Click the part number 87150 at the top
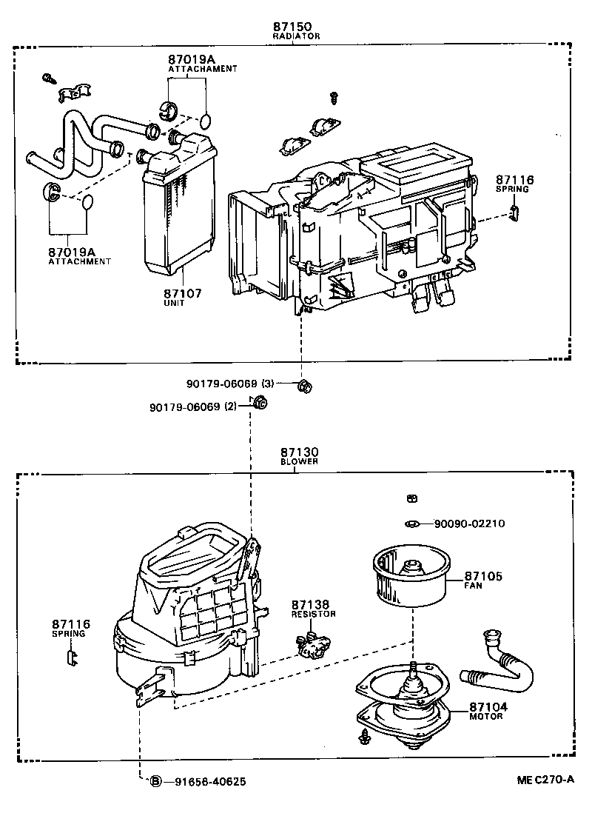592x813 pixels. (x=295, y=26)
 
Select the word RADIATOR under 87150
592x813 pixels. (x=295, y=36)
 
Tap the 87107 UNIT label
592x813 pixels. (x=182, y=298)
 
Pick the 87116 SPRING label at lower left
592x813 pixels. (x=71, y=629)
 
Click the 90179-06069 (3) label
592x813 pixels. (x=230, y=384)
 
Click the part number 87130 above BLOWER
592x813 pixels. (x=299, y=452)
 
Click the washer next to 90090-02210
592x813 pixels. (x=412, y=524)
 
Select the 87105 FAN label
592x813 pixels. (x=483, y=580)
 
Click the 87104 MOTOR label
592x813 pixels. (x=488, y=711)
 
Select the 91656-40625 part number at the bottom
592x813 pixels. (x=211, y=781)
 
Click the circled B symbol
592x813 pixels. (x=156, y=781)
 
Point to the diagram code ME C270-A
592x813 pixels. (x=545, y=779)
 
